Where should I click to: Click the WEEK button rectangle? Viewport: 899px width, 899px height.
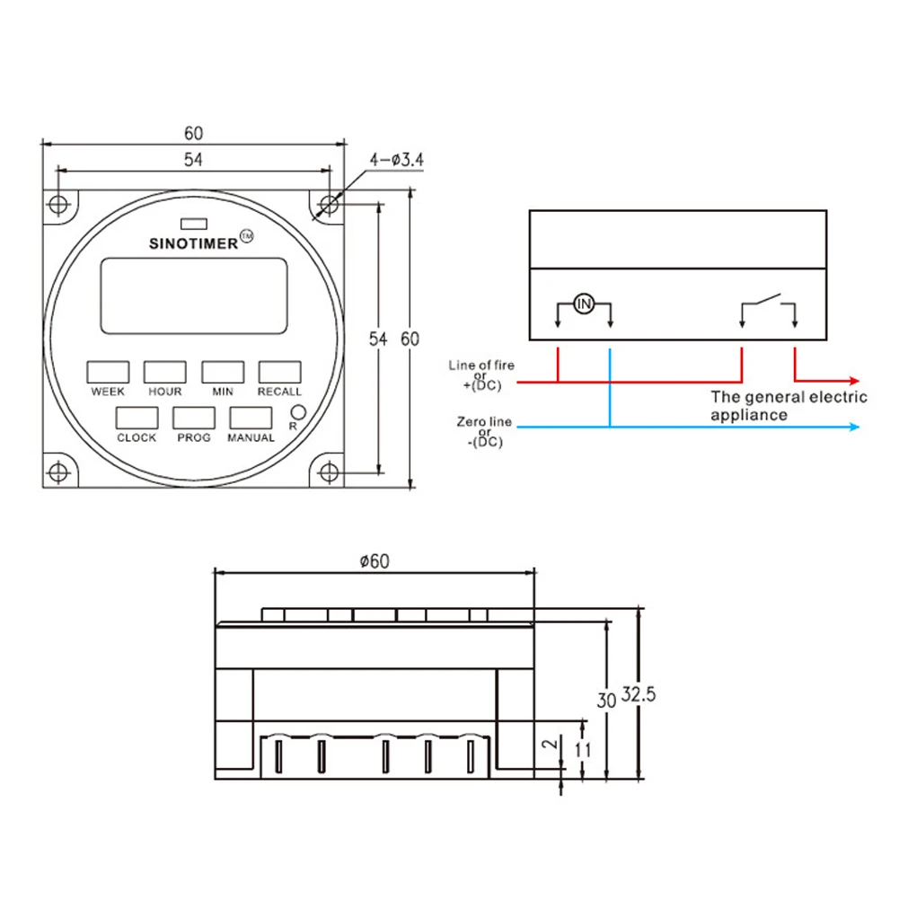point(108,372)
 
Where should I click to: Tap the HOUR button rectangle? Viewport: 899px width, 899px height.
point(165,372)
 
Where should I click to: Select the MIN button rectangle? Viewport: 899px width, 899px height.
point(223,372)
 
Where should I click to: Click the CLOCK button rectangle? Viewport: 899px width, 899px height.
point(137,418)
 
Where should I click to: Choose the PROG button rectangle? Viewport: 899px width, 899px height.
point(194,418)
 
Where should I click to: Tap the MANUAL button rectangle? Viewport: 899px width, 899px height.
point(251,418)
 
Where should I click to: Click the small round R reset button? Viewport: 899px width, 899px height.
point(298,411)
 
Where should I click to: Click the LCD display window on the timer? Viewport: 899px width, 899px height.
point(194,295)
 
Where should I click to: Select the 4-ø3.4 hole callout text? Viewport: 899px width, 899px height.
point(396,160)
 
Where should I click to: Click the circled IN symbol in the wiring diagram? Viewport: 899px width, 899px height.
point(584,304)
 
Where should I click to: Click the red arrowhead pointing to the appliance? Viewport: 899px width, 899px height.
point(852,381)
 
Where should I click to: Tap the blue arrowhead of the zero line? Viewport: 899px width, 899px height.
point(852,427)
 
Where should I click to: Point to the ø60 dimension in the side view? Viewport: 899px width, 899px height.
point(374,561)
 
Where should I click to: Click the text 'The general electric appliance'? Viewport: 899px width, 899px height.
point(789,405)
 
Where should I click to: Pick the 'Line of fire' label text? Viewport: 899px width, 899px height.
point(482,366)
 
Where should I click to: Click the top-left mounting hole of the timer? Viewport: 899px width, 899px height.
point(58,205)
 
